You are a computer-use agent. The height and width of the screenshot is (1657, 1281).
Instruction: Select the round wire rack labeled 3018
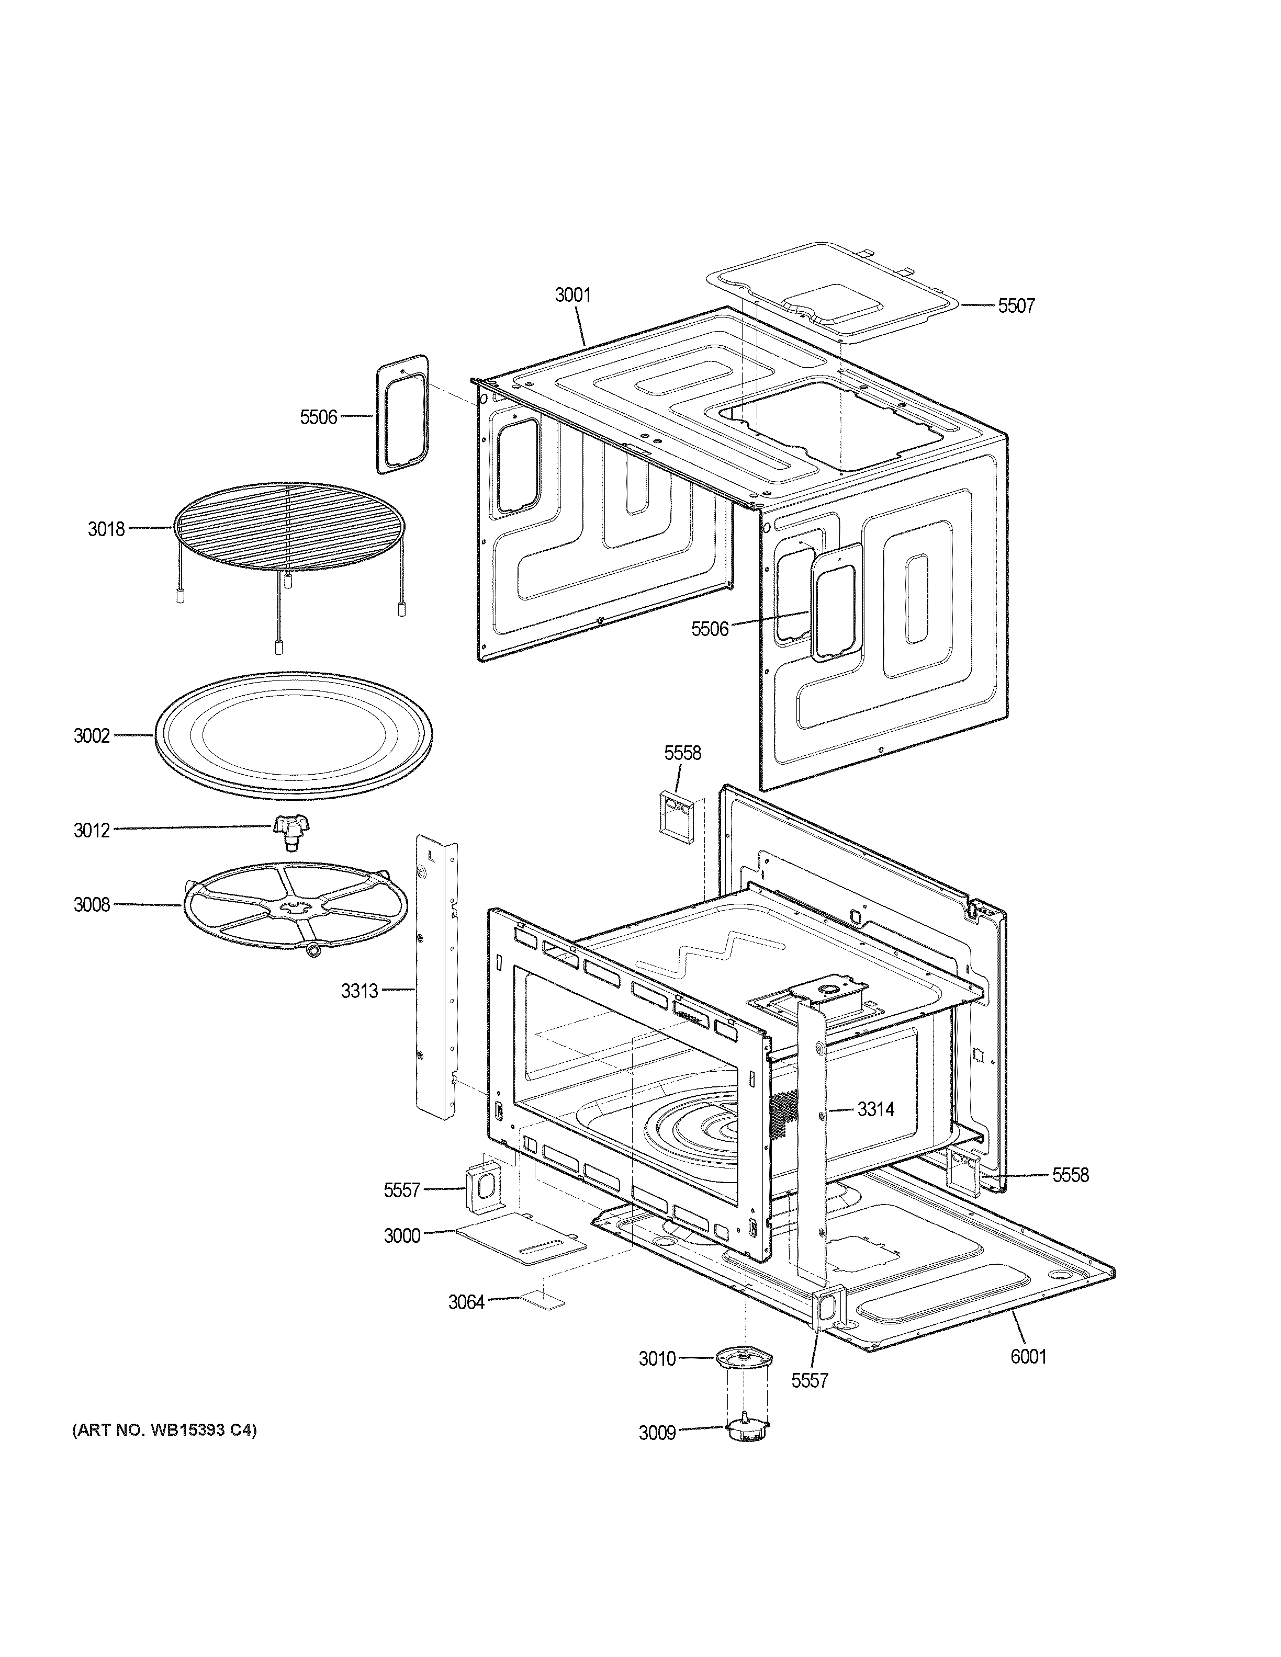288,526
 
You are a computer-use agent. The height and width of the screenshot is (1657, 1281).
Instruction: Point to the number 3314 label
876,1109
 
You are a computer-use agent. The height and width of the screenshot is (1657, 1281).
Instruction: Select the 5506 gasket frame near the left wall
402,414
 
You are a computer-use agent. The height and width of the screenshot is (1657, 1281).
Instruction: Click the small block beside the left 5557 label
481,1189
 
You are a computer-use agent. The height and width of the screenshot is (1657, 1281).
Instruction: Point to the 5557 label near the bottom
809,1381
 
